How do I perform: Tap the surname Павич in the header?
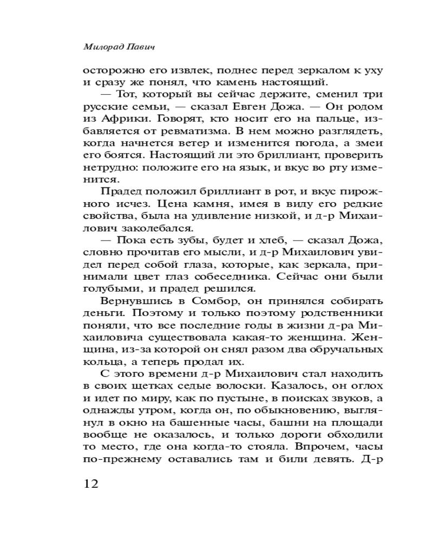coord(138,48)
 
